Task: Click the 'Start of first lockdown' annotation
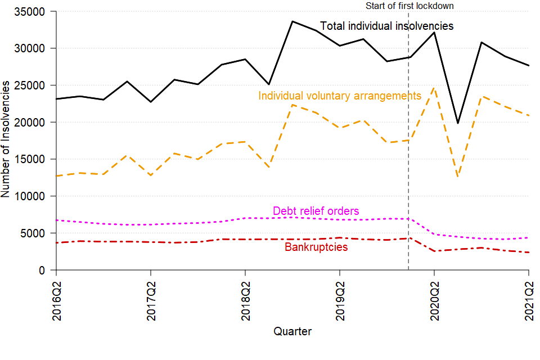coord(409,6)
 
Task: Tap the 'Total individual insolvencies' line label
coord(386,26)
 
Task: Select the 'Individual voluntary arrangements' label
coord(339,96)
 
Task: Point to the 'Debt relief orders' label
coord(316,211)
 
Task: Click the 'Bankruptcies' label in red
coord(316,247)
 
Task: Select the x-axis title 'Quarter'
coord(292,331)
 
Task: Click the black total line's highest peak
coord(292,21)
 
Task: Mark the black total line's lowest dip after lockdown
coord(458,123)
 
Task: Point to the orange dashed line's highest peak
coord(434,88)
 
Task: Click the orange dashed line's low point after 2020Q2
coord(458,177)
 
